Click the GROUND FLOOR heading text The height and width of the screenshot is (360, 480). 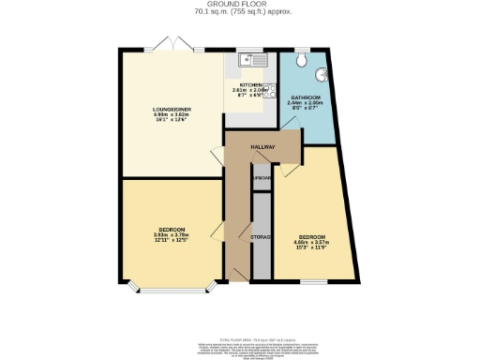click(x=240, y=5)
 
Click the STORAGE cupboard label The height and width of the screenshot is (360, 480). click(x=261, y=237)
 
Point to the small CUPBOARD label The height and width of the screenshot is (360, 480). click(x=262, y=177)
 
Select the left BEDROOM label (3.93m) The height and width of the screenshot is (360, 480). click(x=171, y=230)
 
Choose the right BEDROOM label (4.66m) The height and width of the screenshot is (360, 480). click(x=312, y=236)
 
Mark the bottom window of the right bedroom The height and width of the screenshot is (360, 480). click(x=314, y=280)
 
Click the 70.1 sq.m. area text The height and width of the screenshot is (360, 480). click(x=240, y=12)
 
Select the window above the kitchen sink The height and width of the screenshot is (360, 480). click(x=251, y=51)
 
